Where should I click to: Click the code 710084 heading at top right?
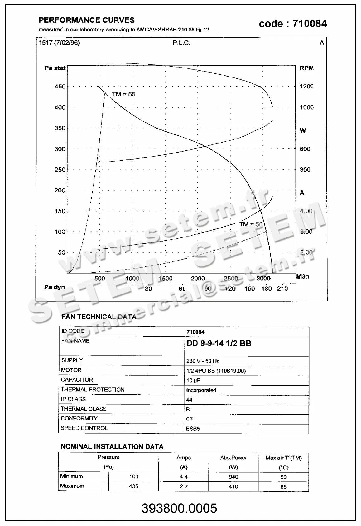click(x=293, y=24)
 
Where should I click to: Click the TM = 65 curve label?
click(x=123, y=94)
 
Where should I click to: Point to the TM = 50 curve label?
click(x=251, y=224)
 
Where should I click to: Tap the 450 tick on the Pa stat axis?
click(x=60, y=87)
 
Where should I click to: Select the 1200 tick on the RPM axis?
click(x=306, y=87)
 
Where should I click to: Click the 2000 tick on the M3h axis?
click(x=198, y=279)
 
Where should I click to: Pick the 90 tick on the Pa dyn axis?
click(x=208, y=289)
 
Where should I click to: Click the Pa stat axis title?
click(x=55, y=68)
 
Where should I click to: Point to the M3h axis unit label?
click(x=302, y=276)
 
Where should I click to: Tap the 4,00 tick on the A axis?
click(x=306, y=211)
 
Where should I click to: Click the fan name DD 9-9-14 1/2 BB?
click(x=219, y=344)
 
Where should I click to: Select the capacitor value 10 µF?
click(x=193, y=380)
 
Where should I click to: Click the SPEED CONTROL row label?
click(x=84, y=428)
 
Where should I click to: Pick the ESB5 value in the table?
click(x=193, y=429)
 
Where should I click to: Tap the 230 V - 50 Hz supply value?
click(x=203, y=361)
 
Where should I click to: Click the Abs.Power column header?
click(x=233, y=458)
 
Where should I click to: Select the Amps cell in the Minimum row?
click(x=184, y=477)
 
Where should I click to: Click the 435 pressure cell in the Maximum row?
click(x=133, y=486)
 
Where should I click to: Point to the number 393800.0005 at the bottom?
click(x=179, y=508)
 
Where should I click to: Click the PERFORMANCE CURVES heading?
click(x=87, y=20)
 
